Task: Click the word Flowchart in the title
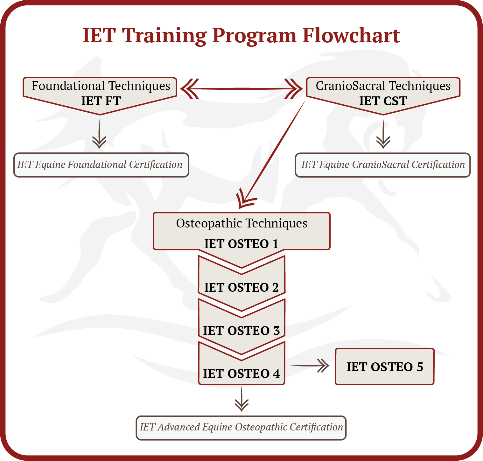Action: [x=351, y=35]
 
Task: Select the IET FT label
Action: [x=101, y=101]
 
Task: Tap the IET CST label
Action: [x=383, y=101]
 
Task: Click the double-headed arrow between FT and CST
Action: [x=241, y=89]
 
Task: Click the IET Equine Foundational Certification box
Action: [x=101, y=165]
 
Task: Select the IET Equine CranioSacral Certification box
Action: [x=383, y=165]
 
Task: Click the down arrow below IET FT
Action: [x=99, y=134]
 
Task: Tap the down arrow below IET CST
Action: [x=383, y=134]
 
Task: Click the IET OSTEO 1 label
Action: [x=241, y=244]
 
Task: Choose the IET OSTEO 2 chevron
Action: [x=241, y=287]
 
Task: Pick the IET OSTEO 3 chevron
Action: [x=241, y=331]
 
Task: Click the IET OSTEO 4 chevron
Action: [x=241, y=373]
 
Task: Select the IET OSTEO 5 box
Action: [x=384, y=367]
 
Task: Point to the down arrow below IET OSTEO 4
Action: [x=241, y=399]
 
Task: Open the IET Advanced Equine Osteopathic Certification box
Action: [x=241, y=427]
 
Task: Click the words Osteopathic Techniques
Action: [x=241, y=223]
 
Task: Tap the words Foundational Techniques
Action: [x=101, y=86]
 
